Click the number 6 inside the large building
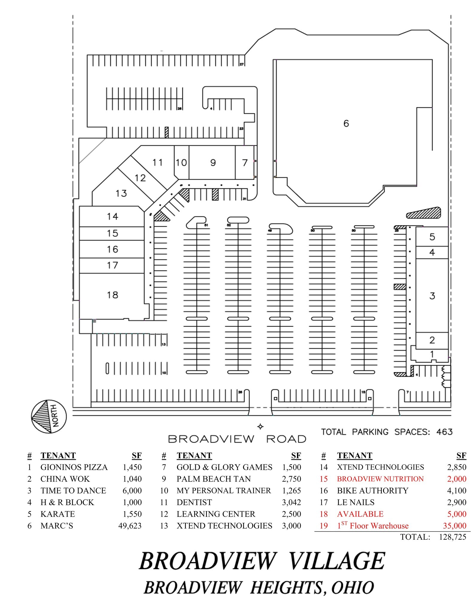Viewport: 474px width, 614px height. click(x=346, y=123)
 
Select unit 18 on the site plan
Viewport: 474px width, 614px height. click(x=113, y=295)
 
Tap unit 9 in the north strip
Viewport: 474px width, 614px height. click(x=213, y=162)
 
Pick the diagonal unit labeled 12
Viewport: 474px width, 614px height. click(x=140, y=178)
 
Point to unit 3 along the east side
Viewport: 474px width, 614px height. click(x=432, y=296)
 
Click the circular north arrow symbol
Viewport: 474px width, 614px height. click(x=49, y=416)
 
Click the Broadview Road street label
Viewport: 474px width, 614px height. click(x=237, y=439)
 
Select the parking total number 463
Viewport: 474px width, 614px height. click(x=444, y=432)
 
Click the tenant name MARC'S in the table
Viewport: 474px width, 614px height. click(x=57, y=526)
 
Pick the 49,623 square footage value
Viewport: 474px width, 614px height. click(x=130, y=526)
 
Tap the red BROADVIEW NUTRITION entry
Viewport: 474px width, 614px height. click(x=380, y=479)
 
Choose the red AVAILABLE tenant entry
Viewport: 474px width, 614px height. click(x=360, y=514)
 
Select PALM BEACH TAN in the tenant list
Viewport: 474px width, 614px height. click(x=213, y=479)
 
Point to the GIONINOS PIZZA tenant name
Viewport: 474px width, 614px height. click(x=74, y=467)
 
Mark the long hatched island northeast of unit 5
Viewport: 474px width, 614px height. click(x=424, y=213)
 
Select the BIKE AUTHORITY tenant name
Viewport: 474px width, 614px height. click(x=372, y=490)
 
